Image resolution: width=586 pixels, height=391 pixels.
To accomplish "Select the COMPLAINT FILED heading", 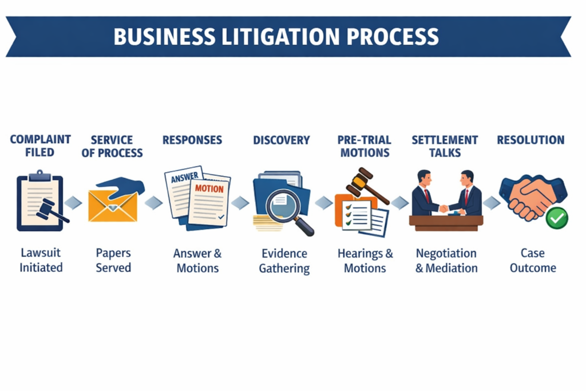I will (40, 146).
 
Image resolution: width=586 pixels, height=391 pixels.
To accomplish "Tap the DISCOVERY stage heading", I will (281, 140).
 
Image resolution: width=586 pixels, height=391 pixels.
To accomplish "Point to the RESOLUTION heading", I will (530, 140).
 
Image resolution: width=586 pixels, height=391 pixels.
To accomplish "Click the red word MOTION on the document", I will (209, 188).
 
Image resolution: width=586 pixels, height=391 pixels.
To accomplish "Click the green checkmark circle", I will (556, 218).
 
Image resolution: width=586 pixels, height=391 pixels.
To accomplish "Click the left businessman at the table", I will (423, 193).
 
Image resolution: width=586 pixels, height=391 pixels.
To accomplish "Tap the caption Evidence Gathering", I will (284, 260).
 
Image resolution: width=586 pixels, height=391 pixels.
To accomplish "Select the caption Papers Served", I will (113, 260).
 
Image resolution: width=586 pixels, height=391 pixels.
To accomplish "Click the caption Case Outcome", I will (533, 260).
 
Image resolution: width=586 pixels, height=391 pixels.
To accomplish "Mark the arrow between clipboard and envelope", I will (73, 203).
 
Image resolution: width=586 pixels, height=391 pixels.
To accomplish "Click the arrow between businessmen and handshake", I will (491, 203).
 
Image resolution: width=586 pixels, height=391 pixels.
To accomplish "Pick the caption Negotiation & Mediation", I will (446, 260).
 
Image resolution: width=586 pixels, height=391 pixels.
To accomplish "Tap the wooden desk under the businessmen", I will (446, 222).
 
